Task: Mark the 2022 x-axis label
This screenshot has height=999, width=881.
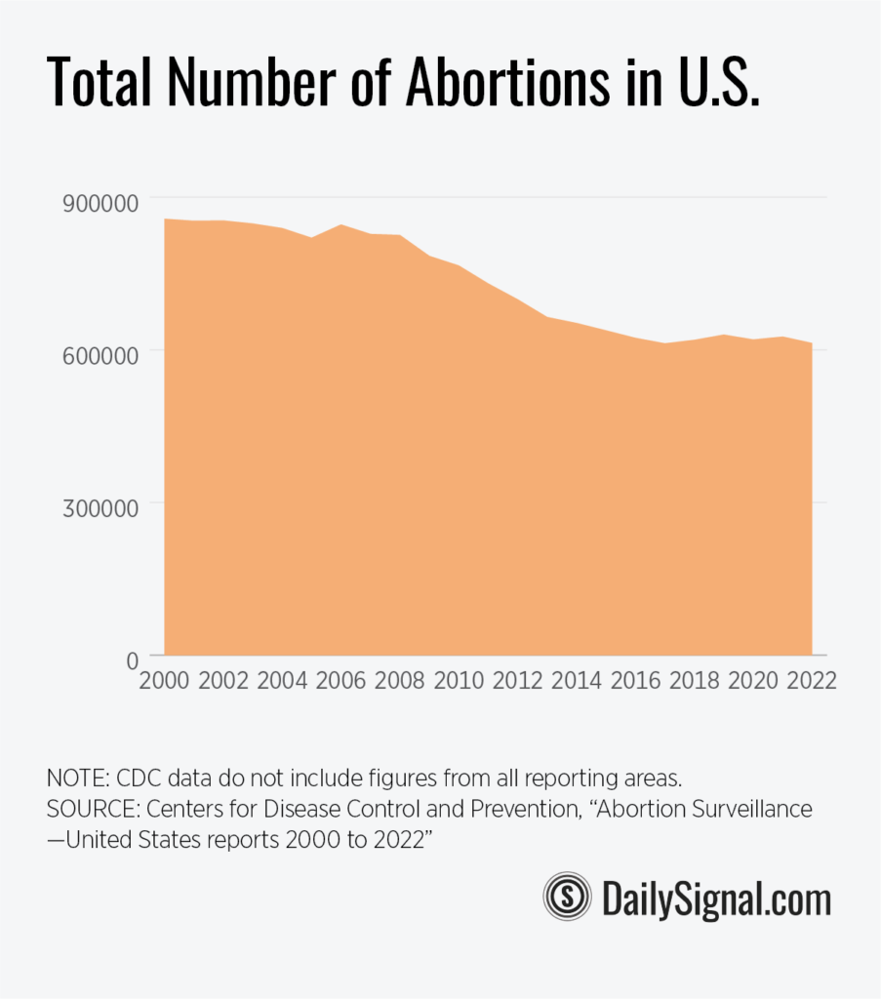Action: (x=811, y=680)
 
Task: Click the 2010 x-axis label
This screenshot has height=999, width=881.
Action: (x=459, y=680)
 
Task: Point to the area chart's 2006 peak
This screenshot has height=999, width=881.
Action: (x=340, y=225)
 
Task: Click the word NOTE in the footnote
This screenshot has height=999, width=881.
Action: (x=76, y=779)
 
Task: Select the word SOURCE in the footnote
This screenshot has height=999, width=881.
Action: (x=91, y=810)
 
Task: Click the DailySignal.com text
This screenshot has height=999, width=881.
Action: (x=716, y=897)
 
